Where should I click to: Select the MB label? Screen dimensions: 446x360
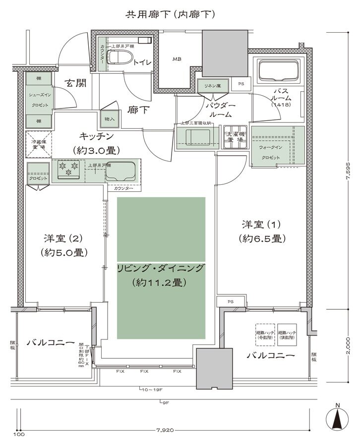[177, 59]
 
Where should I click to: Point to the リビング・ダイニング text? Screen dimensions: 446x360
[161, 269]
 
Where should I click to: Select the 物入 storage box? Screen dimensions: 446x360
[110, 119]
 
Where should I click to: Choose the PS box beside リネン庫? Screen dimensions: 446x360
[241, 84]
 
